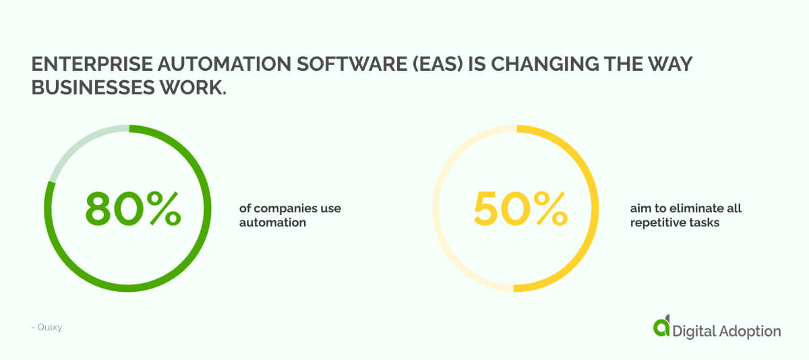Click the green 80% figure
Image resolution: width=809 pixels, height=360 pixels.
[x=133, y=208]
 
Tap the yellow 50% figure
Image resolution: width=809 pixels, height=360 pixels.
[x=520, y=208]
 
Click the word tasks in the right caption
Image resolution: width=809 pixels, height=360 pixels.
[x=705, y=222]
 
